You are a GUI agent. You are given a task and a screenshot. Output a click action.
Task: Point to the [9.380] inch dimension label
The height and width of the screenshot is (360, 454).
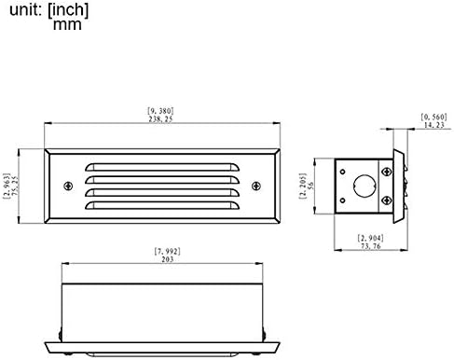point(160,111)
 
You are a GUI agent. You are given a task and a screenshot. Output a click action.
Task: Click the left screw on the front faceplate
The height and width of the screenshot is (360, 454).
point(66,183)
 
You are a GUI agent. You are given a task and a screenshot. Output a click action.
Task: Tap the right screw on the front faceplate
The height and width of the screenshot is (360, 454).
point(255,183)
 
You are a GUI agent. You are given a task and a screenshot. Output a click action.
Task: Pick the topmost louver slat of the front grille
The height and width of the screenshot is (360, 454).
point(160,167)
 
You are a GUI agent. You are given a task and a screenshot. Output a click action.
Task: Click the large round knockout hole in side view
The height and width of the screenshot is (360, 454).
point(363,184)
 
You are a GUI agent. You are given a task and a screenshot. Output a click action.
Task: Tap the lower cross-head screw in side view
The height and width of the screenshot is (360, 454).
point(388,199)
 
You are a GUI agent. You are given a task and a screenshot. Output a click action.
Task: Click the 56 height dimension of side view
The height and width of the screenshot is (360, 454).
point(323,184)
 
